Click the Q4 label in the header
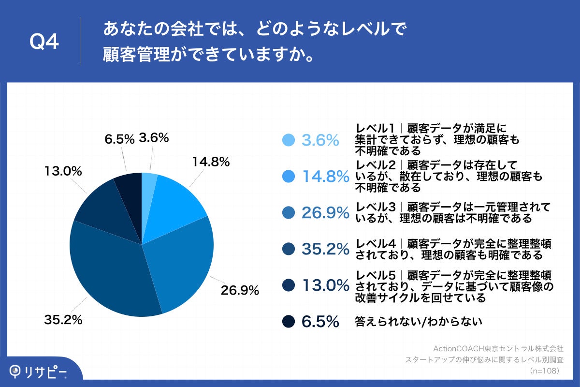pyautogui.click(x=44, y=43)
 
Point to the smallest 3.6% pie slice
pyautogui.click(x=149, y=184)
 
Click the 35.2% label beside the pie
pyautogui.click(x=63, y=320)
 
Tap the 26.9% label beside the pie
pyautogui.click(x=240, y=291)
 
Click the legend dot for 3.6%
pyautogui.click(x=289, y=140)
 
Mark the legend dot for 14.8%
pyautogui.click(x=289, y=177)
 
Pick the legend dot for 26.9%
pyautogui.click(x=289, y=212)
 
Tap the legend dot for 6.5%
pyautogui.click(x=289, y=321)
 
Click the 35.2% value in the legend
pyautogui.click(x=325, y=249)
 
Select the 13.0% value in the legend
pyautogui.click(x=325, y=285)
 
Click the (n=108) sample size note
pyautogui.click(x=544, y=371)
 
